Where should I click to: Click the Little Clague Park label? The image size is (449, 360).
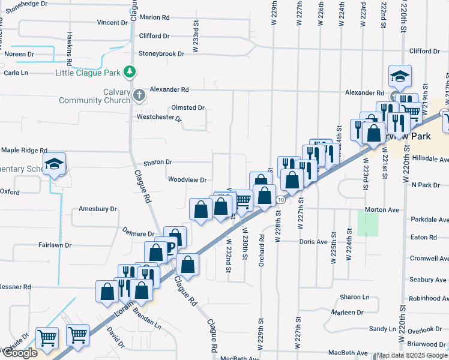tap(88, 73)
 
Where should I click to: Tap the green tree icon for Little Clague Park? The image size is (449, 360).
tap(129, 73)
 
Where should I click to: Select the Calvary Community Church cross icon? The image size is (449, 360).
tap(139, 95)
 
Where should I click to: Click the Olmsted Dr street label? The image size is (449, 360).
tap(188, 108)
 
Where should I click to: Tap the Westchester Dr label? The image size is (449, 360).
tap(159, 117)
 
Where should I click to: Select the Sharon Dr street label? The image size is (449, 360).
tap(158, 162)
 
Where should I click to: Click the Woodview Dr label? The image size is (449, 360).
tap(187, 179)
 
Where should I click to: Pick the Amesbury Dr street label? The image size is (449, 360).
tap(97, 209)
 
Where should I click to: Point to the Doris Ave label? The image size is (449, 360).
tap(313, 242)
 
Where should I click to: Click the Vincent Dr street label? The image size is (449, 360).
tap(112, 23)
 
